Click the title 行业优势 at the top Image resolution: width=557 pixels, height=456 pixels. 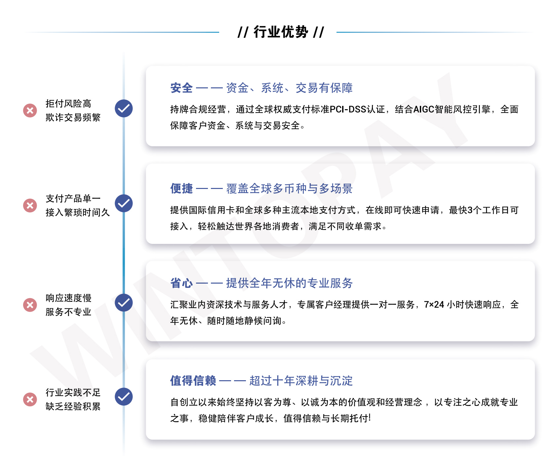pyautogui.click(x=281, y=32)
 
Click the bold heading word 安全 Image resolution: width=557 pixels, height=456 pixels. pyautogui.click(x=181, y=88)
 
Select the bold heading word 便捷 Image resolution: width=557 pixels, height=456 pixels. pyautogui.click(x=181, y=188)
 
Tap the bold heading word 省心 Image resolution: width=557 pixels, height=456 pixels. pyautogui.click(x=181, y=283)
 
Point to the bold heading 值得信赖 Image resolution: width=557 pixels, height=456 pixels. pyautogui.click(x=193, y=381)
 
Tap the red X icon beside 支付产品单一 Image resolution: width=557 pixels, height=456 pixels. pyautogui.click(x=30, y=205)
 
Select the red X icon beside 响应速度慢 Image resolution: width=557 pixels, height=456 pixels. pyautogui.click(x=30, y=305)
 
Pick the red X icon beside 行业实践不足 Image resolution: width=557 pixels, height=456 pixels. pyautogui.click(x=30, y=399)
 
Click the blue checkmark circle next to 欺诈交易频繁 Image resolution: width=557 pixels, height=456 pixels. pyautogui.click(x=124, y=108)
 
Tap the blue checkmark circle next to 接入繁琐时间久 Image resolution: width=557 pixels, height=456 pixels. pyautogui.click(x=124, y=203)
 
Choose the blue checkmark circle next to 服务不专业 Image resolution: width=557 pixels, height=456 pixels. pyautogui.click(x=124, y=302)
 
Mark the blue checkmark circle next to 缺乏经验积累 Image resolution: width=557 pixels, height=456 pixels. pyautogui.click(x=124, y=397)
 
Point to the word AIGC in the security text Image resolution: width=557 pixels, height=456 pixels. pyautogui.click(x=424, y=109)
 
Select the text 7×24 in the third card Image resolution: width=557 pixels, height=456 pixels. pyautogui.click(x=434, y=304)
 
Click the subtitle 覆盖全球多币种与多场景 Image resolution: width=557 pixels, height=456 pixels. pyautogui.click(x=289, y=188)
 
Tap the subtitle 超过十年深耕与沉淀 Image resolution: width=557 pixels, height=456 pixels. pyautogui.click(x=301, y=381)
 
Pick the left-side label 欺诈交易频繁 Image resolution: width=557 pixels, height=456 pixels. pyautogui.click(x=73, y=117)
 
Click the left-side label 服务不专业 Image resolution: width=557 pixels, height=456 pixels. pyautogui.click(x=68, y=312)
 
